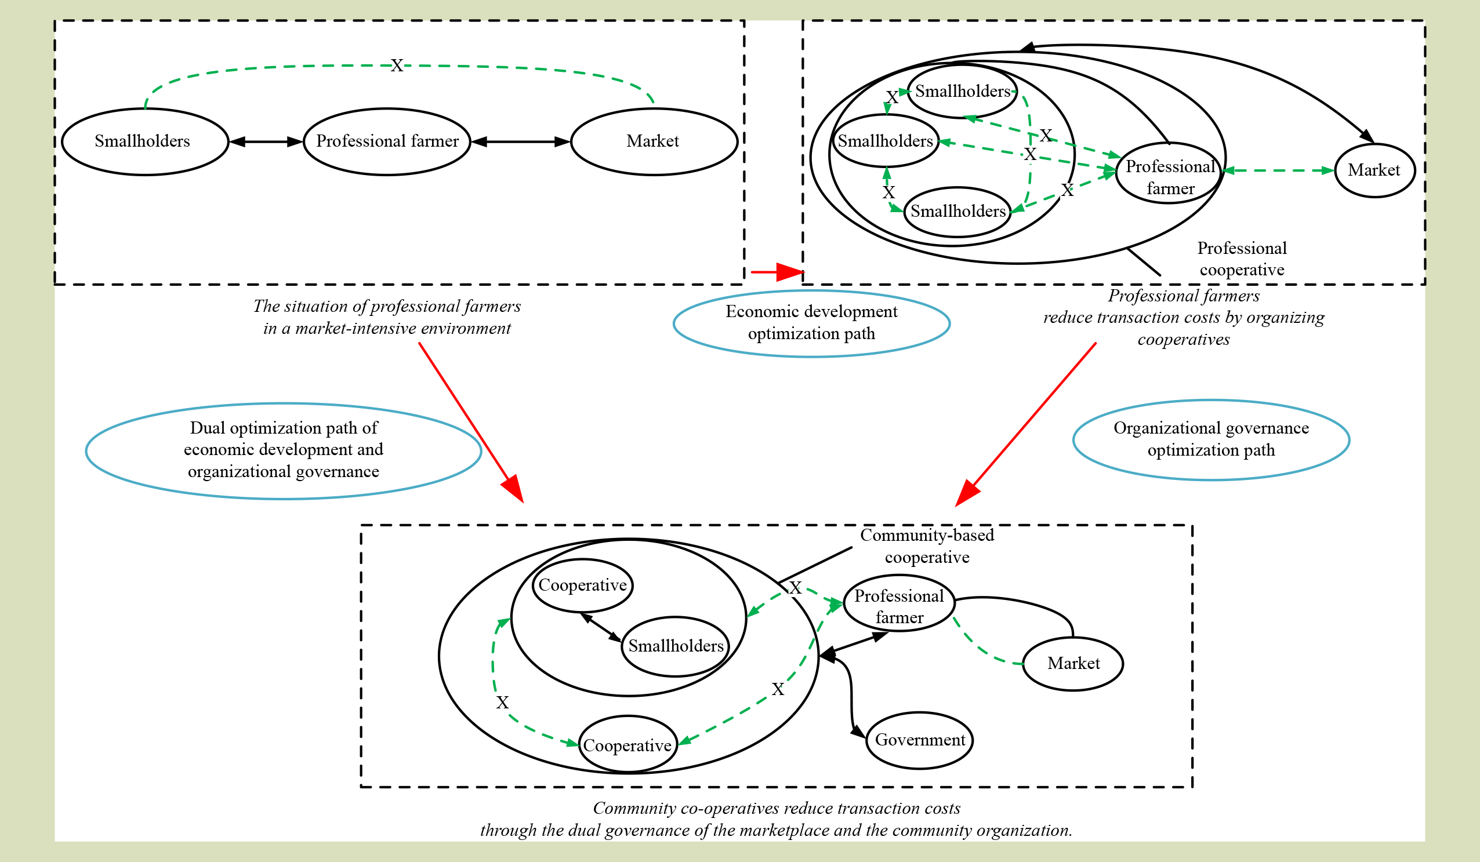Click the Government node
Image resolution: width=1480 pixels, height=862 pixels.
pyautogui.click(x=920, y=740)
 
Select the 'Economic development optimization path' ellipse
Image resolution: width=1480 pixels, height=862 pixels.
pyautogui.click(x=812, y=323)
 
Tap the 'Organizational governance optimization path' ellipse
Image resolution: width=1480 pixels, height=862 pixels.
pyautogui.click(x=1211, y=439)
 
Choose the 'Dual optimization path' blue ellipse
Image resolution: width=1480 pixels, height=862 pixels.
pyautogui.click(x=284, y=450)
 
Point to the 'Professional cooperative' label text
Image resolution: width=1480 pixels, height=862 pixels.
pyautogui.click(x=1242, y=259)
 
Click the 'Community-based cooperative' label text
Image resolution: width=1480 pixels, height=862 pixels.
pyautogui.click(x=927, y=545)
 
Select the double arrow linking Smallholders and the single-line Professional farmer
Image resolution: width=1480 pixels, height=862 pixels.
pyautogui.click(x=266, y=141)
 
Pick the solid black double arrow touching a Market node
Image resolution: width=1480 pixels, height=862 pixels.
pyautogui.click(x=520, y=141)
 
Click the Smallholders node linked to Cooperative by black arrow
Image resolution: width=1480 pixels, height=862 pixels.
pyautogui.click(x=676, y=646)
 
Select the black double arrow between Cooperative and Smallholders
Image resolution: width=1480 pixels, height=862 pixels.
pyautogui.click(x=601, y=627)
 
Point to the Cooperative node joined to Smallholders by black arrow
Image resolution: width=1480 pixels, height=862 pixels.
pyautogui.click(x=583, y=585)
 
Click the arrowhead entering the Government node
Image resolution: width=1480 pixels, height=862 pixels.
pyautogui.click(x=858, y=731)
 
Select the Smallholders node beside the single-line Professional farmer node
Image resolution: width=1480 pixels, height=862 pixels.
pyautogui.click(x=144, y=141)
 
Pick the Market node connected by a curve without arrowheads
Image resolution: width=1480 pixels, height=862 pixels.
pyautogui.click(x=1073, y=664)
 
